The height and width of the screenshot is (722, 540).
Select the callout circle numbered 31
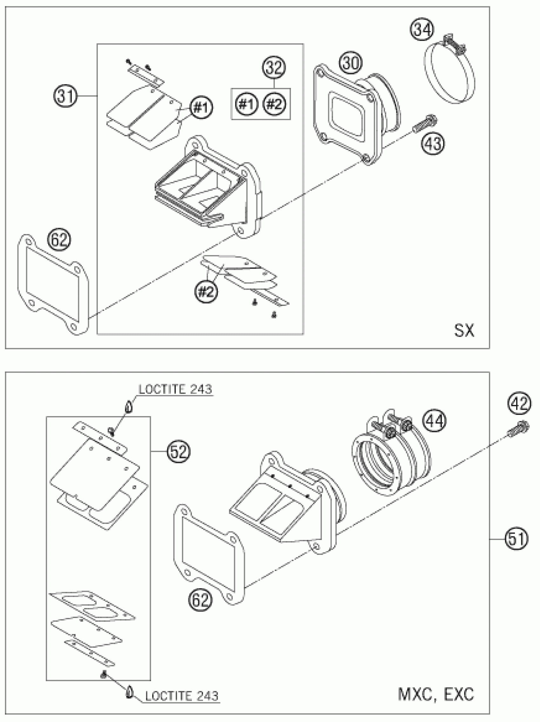click(x=65, y=97)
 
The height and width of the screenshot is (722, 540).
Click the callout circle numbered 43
click(x=434, y=143)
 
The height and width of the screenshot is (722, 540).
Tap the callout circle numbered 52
click(x=178, y=452)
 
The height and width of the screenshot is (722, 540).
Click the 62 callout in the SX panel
click(x=60, y=240)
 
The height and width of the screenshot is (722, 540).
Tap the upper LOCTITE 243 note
click(x=175, y=389)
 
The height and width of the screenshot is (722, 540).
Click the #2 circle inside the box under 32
click(x=275, y=105)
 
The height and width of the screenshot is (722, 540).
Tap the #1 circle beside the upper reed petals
click(x=201, y=108)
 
